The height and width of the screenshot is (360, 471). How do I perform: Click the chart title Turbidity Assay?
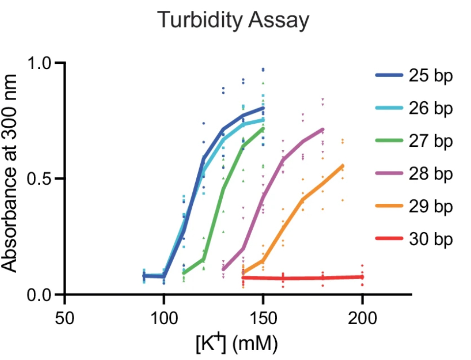coord(234,21)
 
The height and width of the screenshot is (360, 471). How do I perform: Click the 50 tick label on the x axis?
coord(65,318)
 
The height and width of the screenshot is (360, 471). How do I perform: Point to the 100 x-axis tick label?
coord(164,318)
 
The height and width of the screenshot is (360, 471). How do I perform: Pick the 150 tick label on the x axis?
coord(263,318)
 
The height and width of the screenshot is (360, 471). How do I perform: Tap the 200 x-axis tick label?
coord(362,318)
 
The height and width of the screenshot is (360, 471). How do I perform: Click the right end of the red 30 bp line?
coord(362,277)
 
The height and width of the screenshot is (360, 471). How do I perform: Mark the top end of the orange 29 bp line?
coord(342,166)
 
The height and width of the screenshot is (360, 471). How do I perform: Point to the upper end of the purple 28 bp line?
coord(323,130)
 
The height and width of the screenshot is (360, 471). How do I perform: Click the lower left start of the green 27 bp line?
coord(184,273)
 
